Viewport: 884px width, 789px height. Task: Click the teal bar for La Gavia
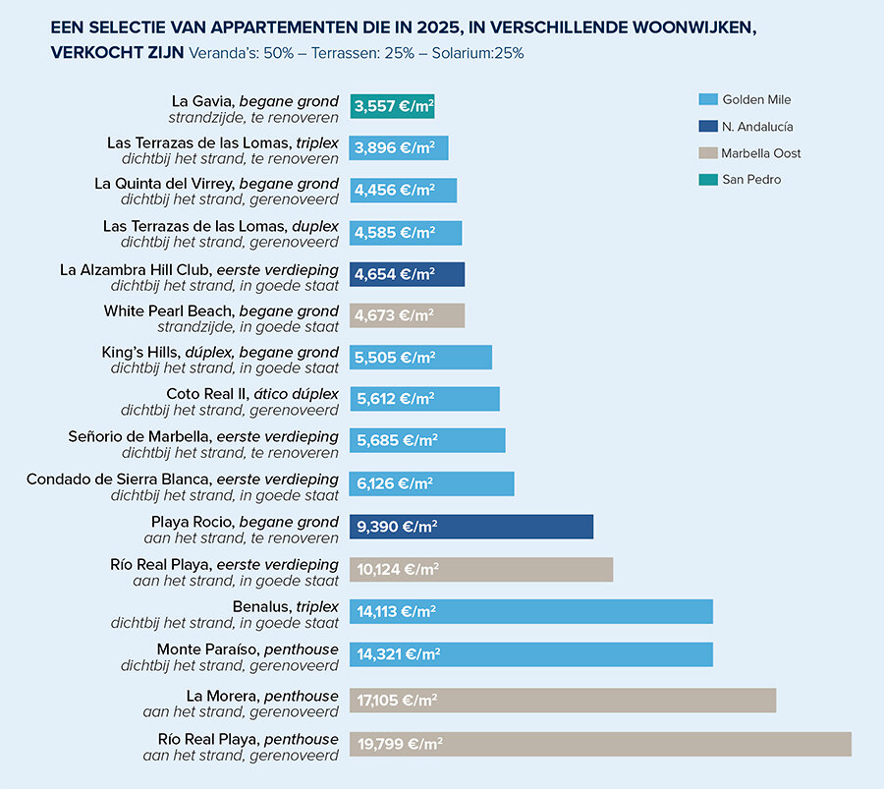pos(392,106)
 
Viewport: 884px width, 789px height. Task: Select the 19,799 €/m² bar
pos(600,744)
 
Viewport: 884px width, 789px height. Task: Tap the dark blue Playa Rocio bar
pos(471,527)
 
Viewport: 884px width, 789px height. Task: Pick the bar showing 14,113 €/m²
pos(530,611)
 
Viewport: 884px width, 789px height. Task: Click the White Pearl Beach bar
pos(407,315)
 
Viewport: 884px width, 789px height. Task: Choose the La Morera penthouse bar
pos(563,701)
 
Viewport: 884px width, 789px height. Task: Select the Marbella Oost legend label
pos(761,153)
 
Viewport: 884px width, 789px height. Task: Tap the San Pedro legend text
pos(751,180)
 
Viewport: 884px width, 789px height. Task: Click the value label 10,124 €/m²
pos(398,570)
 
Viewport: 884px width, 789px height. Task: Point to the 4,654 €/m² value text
pos(396,274)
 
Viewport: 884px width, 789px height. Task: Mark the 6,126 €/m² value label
pos(395,483)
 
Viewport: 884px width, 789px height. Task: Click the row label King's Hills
pos(137,353)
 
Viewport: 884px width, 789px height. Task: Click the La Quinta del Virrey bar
pos(403,191)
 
